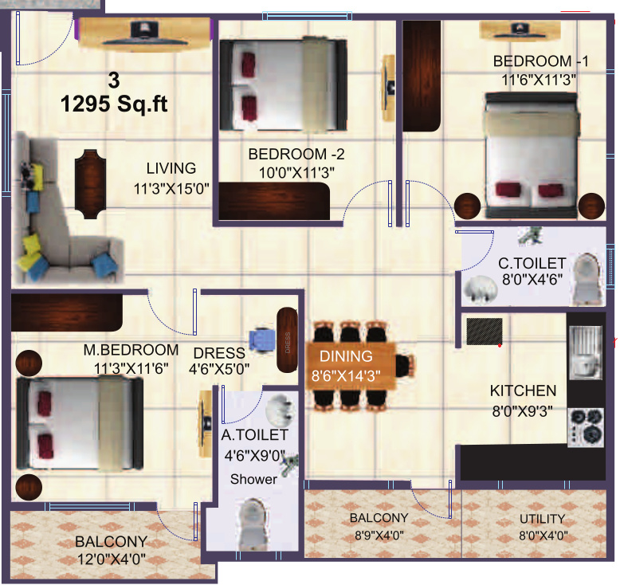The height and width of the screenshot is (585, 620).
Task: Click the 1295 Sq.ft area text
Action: (115, 104)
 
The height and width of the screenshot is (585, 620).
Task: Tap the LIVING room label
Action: (171, 168)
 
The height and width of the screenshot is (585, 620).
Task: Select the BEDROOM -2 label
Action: (296, 155)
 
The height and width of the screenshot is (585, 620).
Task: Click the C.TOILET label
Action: (532, 263)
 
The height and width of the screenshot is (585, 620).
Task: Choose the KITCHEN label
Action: (523, 391)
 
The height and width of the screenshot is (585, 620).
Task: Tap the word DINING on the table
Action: (347, 356)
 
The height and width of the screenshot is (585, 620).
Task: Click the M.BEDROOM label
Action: (131, 350)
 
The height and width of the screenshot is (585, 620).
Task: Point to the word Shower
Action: (253, 479)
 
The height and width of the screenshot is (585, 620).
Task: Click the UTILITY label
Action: (541, 519)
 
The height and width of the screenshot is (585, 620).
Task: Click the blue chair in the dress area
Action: (261, 340)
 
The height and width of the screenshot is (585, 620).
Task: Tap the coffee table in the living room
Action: (88, 179)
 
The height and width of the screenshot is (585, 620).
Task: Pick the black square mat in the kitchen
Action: (484, 332)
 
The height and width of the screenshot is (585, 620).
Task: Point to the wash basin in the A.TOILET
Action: (280, 409)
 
